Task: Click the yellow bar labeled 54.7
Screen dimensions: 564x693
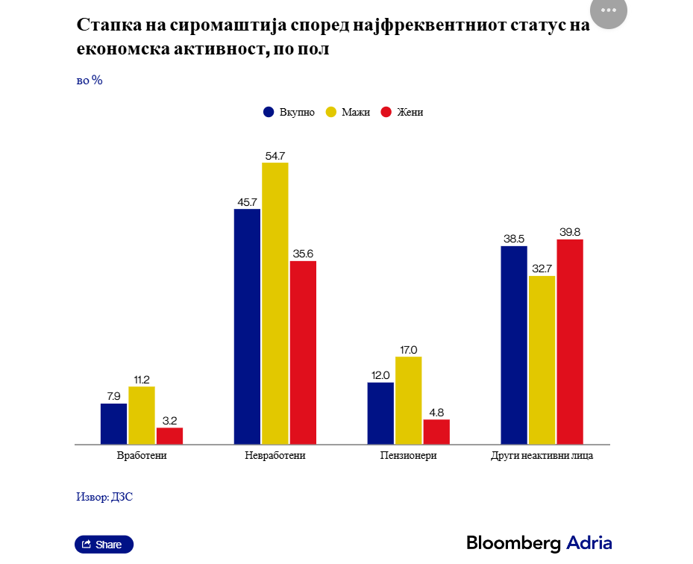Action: click(x=275, y=303)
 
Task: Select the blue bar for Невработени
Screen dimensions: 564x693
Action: click(x=247, y=326)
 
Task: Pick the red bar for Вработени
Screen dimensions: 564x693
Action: click(x=169, y=436)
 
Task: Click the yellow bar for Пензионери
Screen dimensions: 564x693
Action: click(x=408, y=400)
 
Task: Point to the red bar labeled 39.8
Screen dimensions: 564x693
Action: click(x=570, y=342)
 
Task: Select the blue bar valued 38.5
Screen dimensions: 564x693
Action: click(x=514, y=345)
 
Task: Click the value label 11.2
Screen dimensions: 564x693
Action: click(x=142, y=380)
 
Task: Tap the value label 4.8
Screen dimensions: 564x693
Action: click(x=436, y=413)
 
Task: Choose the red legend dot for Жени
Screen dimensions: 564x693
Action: click(x=386, y=112)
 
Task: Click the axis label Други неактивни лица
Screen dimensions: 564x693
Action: click(x=542, y=455)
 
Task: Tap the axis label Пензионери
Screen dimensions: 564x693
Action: click(x=408, y=455)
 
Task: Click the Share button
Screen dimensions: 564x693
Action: click(x=104, y=545)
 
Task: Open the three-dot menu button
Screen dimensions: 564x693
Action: click(x=608, y=10)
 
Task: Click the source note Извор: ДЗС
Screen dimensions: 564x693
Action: click(x=104, y=496)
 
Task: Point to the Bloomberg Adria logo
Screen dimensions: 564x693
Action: click(x=539, y=543)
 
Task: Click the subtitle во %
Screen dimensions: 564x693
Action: click(x=90, y=80)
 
